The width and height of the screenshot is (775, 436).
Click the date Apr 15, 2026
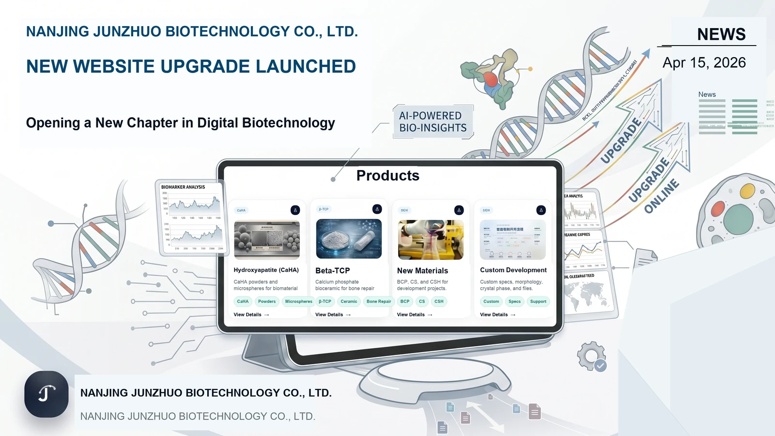[x=704, y=63]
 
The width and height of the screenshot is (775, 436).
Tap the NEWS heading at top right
[x=721, y=34]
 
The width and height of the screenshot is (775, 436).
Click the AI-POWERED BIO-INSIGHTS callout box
[x=433, y=122]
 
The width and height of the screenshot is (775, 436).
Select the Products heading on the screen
[x=387, y=175]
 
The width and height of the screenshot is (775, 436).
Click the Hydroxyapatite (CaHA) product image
[x=266, y=240]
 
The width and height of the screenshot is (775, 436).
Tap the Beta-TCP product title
[x=332, y=271]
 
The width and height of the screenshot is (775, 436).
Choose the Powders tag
[x=266, y=301]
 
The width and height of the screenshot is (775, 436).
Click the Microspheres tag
[x=298, y=301]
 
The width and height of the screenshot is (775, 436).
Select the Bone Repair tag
[x=378, y=301]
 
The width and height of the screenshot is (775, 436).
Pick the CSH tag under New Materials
[x=438, y=301]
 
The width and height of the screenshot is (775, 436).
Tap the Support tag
[x=538, y=301]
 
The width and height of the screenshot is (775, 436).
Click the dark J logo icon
[x=46, y=394]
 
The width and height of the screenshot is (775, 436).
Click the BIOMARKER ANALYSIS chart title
[x=183, y=187]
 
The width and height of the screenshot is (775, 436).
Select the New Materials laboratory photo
[x=430, y=239]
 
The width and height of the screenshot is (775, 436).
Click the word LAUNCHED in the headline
[x=306, y=66]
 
